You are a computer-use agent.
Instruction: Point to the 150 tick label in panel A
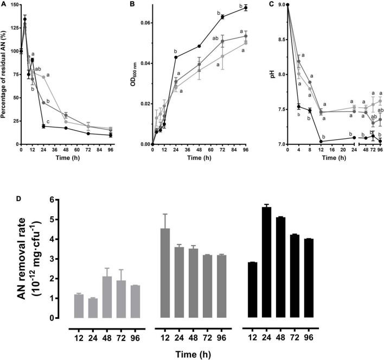[x=12, y=5]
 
